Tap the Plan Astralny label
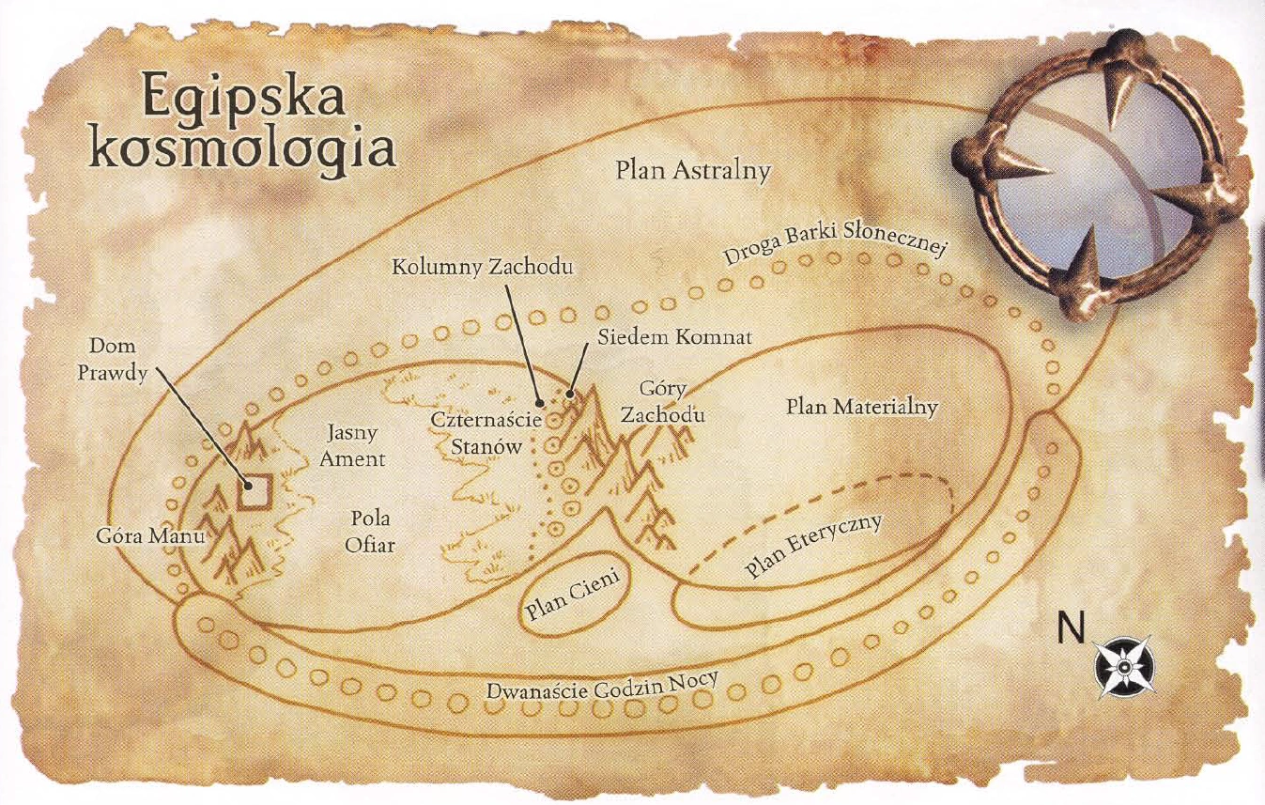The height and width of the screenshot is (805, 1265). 693,171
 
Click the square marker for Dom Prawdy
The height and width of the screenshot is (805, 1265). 254,491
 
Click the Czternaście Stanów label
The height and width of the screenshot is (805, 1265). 487,433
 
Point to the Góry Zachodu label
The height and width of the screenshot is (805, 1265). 662,402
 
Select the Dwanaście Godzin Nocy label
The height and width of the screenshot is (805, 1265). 601,691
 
